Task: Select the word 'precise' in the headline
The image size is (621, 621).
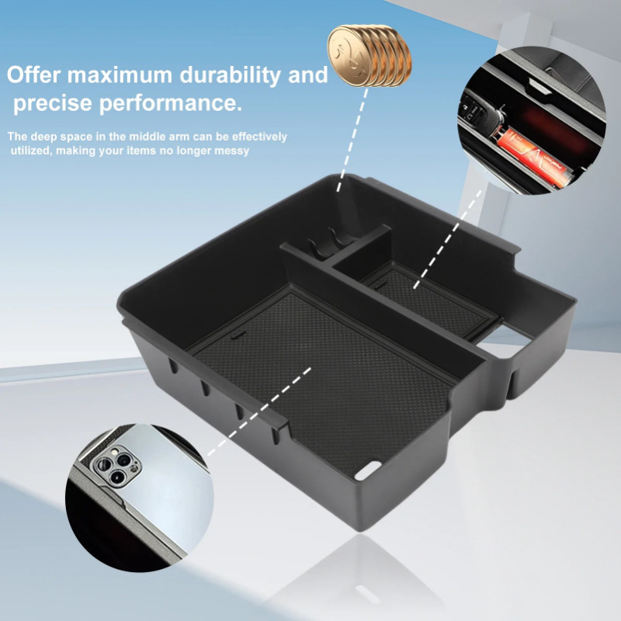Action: [x=54, y=103]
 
